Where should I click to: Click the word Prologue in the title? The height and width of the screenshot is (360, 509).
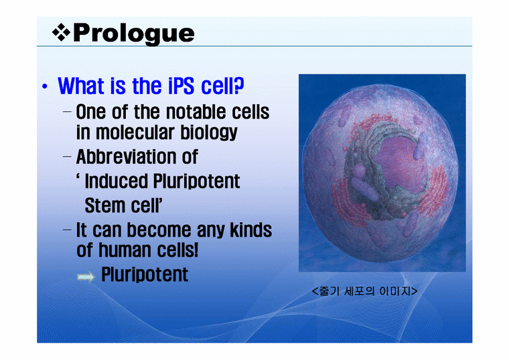(x=133, y=33)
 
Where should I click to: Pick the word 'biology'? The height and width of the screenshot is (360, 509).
(x=210, y=132)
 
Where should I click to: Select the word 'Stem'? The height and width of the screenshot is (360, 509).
(x=103, y=204)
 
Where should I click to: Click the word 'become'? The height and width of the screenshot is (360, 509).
(x=160, y=231)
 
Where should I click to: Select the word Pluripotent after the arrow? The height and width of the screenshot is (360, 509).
(x=145, y=275)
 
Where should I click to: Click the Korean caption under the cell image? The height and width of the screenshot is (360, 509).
(x=365, y=292)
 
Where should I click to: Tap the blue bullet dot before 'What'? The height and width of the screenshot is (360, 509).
(x=44, y=88)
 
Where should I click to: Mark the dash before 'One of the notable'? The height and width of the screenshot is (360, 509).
(x=68, y=111)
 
